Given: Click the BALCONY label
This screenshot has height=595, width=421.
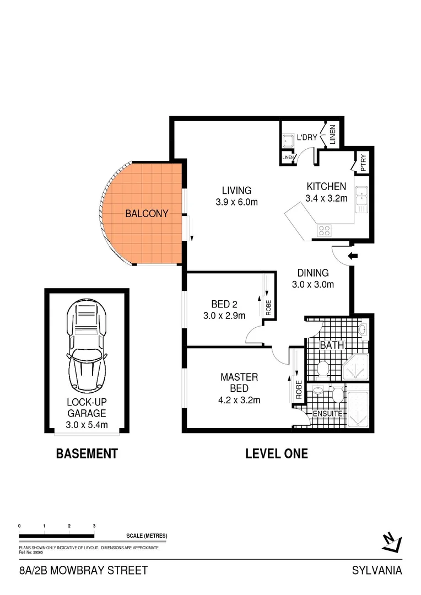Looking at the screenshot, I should point(147,214).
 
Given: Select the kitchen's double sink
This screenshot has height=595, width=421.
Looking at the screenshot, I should point(362,199).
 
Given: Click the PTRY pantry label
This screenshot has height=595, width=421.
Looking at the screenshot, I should point(364,163).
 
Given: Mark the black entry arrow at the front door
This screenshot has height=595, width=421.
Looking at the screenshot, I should point(354,256).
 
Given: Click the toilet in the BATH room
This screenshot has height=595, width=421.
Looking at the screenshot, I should point(323,367).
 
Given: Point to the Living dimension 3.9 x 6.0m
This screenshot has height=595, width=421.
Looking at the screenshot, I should point(237,202).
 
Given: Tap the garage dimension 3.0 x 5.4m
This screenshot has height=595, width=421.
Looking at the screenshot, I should point(87,424).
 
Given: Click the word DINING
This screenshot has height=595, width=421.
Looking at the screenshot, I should point(313,273).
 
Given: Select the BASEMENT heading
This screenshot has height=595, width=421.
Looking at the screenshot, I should point(87,454).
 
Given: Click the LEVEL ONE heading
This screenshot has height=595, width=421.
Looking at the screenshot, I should point(276,454).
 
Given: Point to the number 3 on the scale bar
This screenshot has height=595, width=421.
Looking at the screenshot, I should point(94,527).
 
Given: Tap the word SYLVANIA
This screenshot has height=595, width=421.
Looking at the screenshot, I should point(377,570).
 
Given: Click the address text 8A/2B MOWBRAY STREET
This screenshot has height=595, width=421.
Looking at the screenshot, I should point(83,570).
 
